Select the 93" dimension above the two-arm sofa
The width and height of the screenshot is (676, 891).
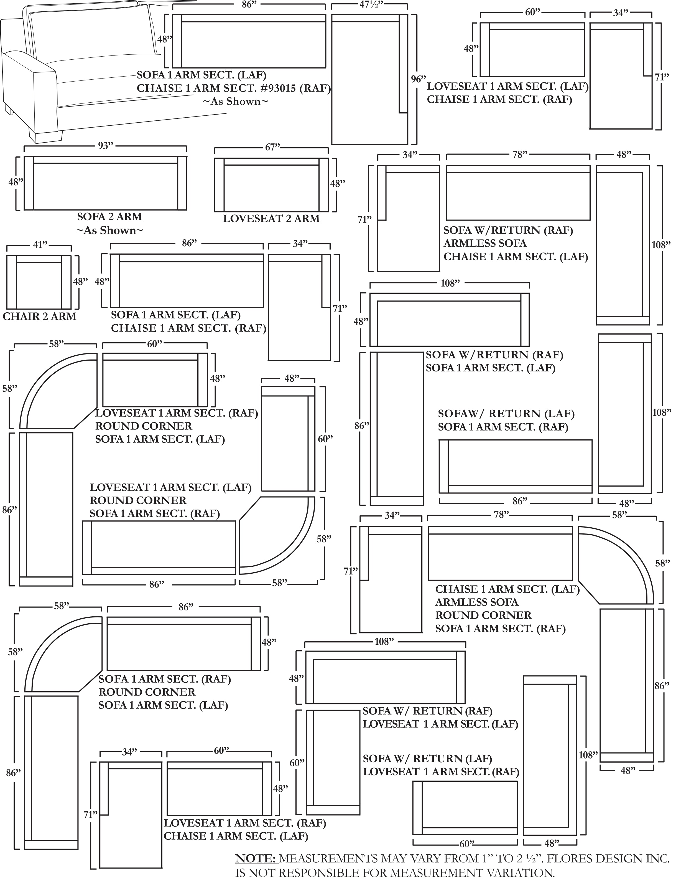pos(105,146)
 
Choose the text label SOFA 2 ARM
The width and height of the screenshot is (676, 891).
pos(109,217)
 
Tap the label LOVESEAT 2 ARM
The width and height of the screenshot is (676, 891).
pos(271,219)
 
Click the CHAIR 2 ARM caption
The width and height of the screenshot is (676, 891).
pos(39,317)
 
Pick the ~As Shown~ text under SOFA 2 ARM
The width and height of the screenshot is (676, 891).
pos(109,231)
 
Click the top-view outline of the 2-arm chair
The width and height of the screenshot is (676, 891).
pos(39,282)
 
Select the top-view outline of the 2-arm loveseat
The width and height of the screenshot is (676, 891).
pos(271,184)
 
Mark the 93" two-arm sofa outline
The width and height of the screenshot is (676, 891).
pos(105,183)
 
